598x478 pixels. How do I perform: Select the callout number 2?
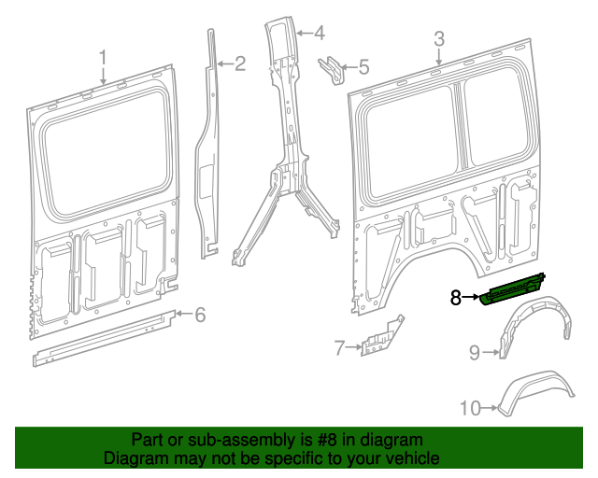pyautogui.click(x=239, y=63)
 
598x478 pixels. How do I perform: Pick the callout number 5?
pyautogui.click(x=363, y=67)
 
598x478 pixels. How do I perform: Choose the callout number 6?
pyautogui.click(x=199, y=315)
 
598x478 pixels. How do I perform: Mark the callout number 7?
pyautogui.click(x=339, y=349)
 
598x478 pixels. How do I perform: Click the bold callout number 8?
pyautogui.click(x=456, y=298)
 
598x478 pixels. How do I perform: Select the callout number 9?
pyautogui.click(x=474, y=352)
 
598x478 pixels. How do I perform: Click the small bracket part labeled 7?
pyautogui.click(x=380, y=337)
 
